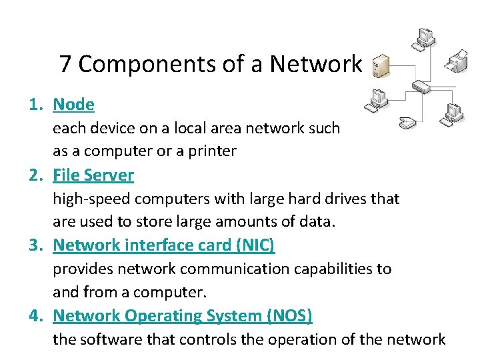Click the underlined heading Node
pos(73,105)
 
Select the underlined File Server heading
pos(93,175)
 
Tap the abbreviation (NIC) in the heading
pos(255,245)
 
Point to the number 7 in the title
pos(65,65)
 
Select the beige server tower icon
pos(379,65)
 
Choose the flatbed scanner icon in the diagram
pos(409,123)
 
